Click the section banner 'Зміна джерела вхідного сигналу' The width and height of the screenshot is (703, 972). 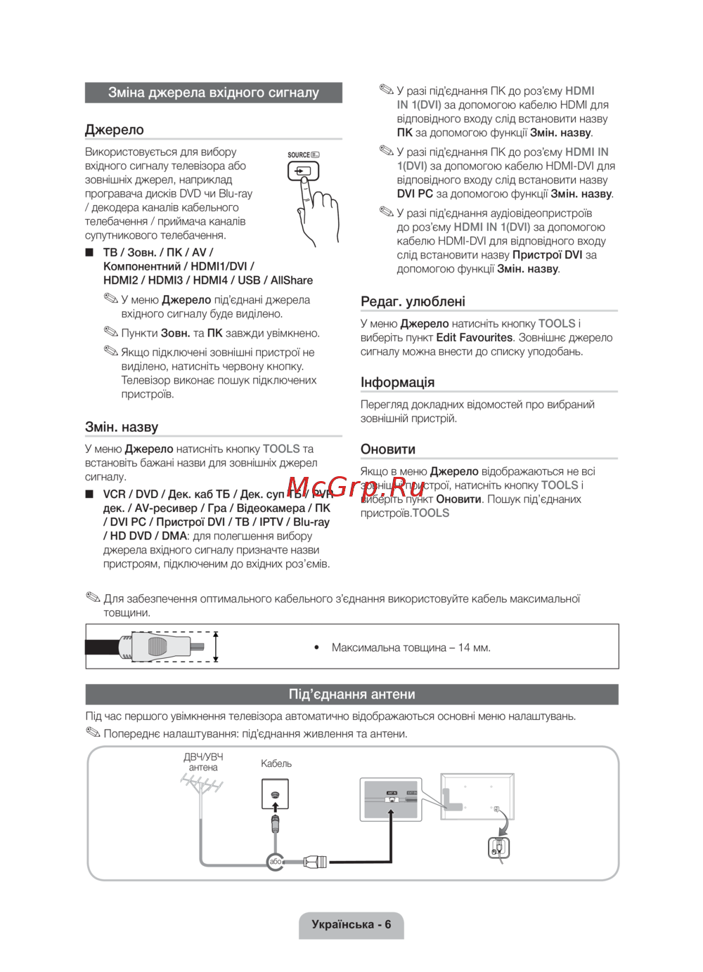point(213,93)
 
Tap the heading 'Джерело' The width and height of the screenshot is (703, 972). point(115,130)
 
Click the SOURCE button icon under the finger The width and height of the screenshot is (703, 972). point(303,171)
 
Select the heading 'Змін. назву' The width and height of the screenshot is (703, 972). point(122,427)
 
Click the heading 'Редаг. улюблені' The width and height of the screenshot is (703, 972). point(413,301)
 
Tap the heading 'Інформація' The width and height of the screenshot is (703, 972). point(397,382)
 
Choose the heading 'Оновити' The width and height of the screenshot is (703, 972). point(388,449)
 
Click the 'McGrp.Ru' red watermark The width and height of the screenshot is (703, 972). point(356,486)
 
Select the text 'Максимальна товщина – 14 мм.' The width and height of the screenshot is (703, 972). point(411,648)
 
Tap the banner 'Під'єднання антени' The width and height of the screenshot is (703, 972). point(351,695)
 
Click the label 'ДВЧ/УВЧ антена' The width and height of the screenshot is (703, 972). point(203,762)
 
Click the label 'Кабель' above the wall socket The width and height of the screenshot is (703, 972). point(276,763)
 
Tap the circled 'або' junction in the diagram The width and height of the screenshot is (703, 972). point(276,861)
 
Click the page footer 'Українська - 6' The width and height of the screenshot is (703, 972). point(351,924)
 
